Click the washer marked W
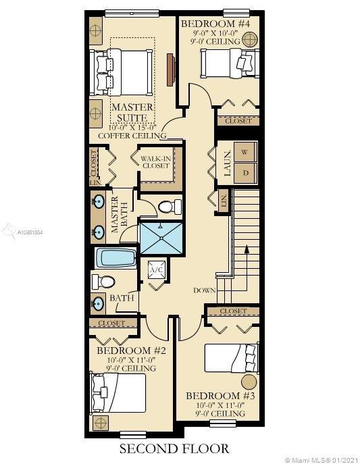[246, 152]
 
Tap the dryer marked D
[246, 173]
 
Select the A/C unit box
[156, 269]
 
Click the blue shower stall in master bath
[161, 238]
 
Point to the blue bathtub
[115, 258]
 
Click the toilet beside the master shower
[170, 207]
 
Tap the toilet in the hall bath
[103, 282]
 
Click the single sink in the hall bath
[98, 304]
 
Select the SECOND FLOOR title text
[174, 448]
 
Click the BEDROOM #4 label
[215, 24]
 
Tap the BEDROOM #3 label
[220, 396]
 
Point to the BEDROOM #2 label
[131, 351]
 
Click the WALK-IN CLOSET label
[155, 162]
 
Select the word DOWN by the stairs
[205, 290]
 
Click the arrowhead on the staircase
[246, 249]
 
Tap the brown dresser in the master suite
[170, 70]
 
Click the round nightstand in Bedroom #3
[249, 382]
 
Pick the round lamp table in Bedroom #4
[249, 39]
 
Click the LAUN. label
[226, 163]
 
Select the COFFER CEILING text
[132, 136]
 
